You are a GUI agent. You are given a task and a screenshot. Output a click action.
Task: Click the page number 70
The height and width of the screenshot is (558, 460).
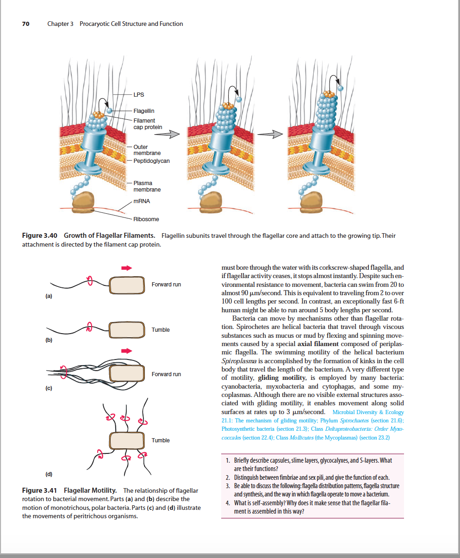point(25,24)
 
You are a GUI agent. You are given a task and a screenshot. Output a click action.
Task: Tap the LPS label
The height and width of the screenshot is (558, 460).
point(139,94)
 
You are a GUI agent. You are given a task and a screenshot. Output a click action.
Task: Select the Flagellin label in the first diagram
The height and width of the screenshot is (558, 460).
point(144,111)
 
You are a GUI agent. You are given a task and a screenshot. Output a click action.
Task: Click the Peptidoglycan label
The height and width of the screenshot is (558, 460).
point(151,161)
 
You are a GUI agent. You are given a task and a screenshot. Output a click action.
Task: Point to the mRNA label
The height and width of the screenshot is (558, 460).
point(142,201)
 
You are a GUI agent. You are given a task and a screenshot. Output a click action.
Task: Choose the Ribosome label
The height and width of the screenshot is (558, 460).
point(146,219)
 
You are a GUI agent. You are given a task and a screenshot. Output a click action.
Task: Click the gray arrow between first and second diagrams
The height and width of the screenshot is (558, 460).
point(167,134)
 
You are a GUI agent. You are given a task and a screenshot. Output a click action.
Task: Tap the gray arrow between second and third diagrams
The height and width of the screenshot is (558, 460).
point(270,134)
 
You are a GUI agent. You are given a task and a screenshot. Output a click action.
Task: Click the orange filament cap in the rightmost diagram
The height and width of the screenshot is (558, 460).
point(329,94)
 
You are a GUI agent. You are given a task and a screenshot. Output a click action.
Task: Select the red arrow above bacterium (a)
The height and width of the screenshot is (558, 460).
point(126,268)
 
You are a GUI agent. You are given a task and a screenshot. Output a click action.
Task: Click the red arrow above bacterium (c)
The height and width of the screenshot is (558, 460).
point(126,351)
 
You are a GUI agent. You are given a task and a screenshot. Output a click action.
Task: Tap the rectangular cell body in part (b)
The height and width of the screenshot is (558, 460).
point(127,330)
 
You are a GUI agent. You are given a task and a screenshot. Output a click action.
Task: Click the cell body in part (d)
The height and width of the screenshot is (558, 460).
point(127,440)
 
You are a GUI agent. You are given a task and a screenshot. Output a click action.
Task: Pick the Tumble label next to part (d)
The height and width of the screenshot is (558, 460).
point(161,440)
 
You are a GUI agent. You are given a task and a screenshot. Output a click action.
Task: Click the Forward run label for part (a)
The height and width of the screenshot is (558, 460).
point(166,285)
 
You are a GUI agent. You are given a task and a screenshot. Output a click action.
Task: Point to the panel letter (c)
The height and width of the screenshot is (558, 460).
point(49,388)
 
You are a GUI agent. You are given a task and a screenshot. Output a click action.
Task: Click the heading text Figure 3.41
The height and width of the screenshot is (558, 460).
point(39,490)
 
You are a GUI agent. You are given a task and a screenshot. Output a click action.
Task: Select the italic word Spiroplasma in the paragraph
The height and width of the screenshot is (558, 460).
point(239,361)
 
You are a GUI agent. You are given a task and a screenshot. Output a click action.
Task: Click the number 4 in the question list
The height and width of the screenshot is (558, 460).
point(228,503)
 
